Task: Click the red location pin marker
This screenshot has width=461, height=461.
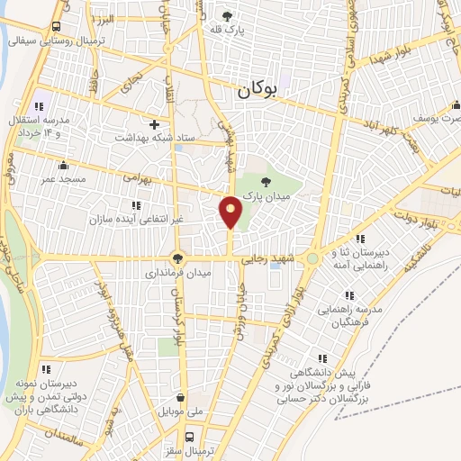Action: coord(230,212)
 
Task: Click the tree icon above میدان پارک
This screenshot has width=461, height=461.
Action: coord(264,184)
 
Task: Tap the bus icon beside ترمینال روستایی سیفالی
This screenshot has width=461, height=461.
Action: coord(57,27)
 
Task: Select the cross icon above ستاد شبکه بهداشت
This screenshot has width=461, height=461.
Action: coord(155,123)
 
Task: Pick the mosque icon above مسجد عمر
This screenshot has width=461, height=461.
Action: coord(62,166)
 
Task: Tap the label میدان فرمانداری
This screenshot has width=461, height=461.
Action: coord(180,272)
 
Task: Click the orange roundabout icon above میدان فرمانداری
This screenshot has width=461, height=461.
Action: coord(177,257)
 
